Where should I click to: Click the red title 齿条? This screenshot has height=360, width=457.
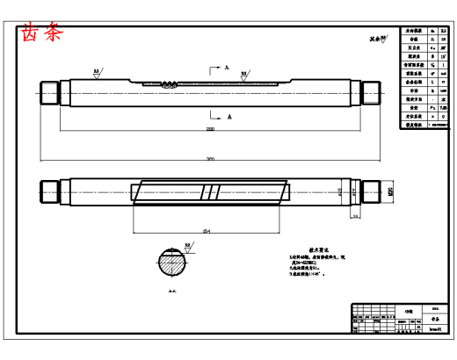click(x=42, y=34)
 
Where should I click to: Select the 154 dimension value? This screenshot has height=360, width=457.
click(x=206, y=231)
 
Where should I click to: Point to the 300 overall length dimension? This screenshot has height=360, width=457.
click(x=210, y=159)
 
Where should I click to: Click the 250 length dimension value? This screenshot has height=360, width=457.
click(x=210, y=129)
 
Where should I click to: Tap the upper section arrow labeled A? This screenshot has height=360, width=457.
click(x=216, y=67)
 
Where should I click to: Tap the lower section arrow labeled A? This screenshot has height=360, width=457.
click(x=216, y=114)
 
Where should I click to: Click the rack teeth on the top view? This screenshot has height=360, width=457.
click(x=170, y=85)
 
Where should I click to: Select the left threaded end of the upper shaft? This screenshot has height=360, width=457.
click(x=48, y=90)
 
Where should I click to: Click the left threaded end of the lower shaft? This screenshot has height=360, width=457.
click(x=48, y=191)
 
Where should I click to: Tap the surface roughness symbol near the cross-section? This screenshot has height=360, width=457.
click(x=187, y=246)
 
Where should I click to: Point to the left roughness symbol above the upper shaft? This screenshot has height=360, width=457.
click(x=96, y=74)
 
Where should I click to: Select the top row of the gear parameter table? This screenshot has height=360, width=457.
click(x=425, y=31)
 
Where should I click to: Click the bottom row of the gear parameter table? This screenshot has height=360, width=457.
click(x=425, y=126)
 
